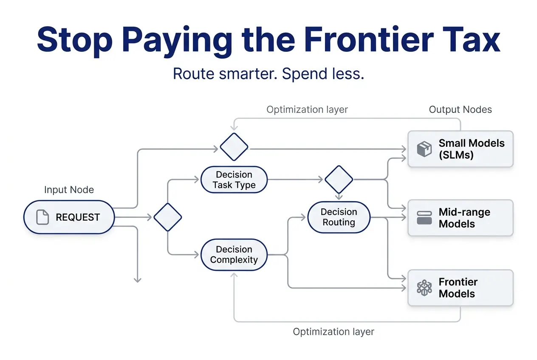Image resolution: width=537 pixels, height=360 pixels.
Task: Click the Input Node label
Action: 69,190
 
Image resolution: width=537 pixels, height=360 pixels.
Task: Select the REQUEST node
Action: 69,217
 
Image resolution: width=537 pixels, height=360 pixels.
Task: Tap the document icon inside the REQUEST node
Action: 42,217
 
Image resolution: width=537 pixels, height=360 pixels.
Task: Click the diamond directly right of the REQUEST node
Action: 167,217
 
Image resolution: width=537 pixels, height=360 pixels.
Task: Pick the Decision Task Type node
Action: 234,180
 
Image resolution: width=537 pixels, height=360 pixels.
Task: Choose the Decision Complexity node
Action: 234,255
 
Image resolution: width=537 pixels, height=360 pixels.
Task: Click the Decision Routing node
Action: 339,217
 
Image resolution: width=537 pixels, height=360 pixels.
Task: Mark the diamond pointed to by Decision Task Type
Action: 339,180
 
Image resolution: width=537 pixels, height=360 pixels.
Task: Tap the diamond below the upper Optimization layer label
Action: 234,147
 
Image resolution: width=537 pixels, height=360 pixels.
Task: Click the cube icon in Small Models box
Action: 424,149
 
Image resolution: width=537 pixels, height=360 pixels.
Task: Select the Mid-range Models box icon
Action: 424,218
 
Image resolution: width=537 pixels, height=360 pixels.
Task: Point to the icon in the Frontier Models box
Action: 424,288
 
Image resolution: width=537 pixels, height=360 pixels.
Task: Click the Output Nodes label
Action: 460,110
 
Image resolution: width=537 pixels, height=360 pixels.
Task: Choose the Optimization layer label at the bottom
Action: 334,332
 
